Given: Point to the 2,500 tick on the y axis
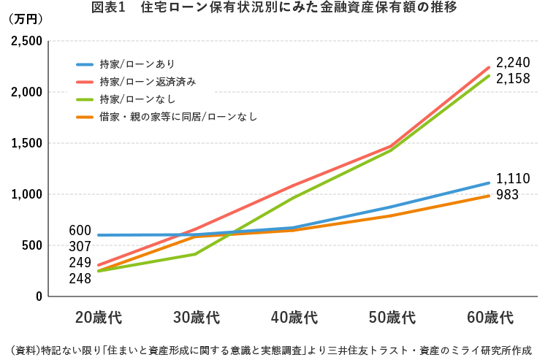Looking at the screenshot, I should [x=26, y=41].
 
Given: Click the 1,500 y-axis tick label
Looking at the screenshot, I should [x=26, y=143].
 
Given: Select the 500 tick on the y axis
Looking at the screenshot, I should [x=31, y=245].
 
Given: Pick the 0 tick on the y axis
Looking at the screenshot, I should [x=38, y=296].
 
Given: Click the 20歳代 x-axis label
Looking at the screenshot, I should [x=98, y=318].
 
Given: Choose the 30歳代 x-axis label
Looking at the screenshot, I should [x=196, y=318].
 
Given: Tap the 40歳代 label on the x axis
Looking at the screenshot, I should [x=293, y=318].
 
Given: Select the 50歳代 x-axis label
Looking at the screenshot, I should [x=391, y=318].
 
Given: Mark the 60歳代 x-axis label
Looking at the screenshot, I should [x=489, y=318].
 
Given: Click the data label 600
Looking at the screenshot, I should [x=80, y=231].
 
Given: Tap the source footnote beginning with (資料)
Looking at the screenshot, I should [x=270, y=348].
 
